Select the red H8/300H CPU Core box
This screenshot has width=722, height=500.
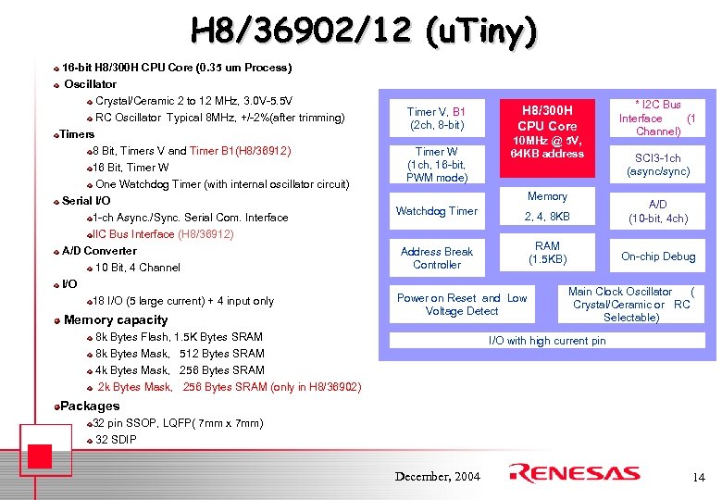(x=547, y=130)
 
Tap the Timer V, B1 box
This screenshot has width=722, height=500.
(x=437, y=118)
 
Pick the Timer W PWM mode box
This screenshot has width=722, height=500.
(x=437, y=164)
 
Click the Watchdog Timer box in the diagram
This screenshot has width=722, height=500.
(x=437, y=211)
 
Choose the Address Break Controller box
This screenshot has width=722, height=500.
(x=437, y=257)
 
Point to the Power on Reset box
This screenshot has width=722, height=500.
(x=462, y=305)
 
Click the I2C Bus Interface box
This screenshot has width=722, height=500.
(x=658, y=118)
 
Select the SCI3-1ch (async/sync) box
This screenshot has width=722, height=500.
(x=658, y=165)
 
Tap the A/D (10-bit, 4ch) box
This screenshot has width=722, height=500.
(x=658, y=211)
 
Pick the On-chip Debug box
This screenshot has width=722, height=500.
(x=658, y=256)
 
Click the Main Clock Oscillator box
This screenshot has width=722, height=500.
(x=631, y=305)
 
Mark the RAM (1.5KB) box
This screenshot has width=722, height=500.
(x=547, y=252)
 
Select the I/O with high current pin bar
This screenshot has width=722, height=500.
(x=547, y=341)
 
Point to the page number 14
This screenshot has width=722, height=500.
(x=698, y=477)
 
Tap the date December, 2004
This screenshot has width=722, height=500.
(x=438, y=476)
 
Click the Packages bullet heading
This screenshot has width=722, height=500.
(x=90, y=406)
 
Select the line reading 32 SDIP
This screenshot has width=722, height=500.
(x=116, y=440)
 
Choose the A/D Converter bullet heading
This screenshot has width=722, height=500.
(x=99, y=251)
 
